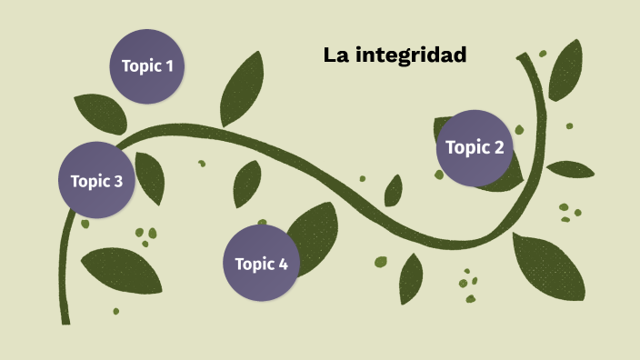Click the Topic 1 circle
pyautogui.click(x=147, y=65)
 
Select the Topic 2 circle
pyautogui.click(x=474, y=147)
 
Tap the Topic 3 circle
pyautogui.click(x=96, y=180)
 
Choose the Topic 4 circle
pyautogui.click(x=261, y=264)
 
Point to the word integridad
pyautogui.click(x=410, y=55)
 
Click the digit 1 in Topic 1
pyautogui.click(x=168, y=65)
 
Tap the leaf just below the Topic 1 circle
pyautogui.click(x=101, y=113)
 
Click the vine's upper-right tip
pyautogui.click(x=522, y=59)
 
